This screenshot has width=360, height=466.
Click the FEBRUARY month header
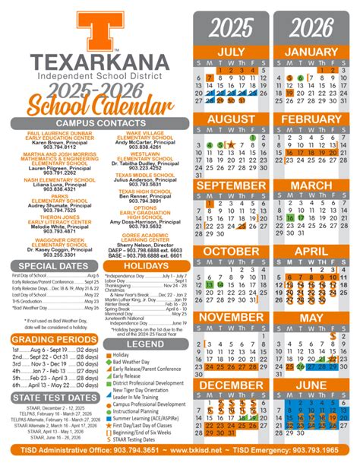point(314,119)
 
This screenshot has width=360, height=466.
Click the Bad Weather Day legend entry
point(137,341)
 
